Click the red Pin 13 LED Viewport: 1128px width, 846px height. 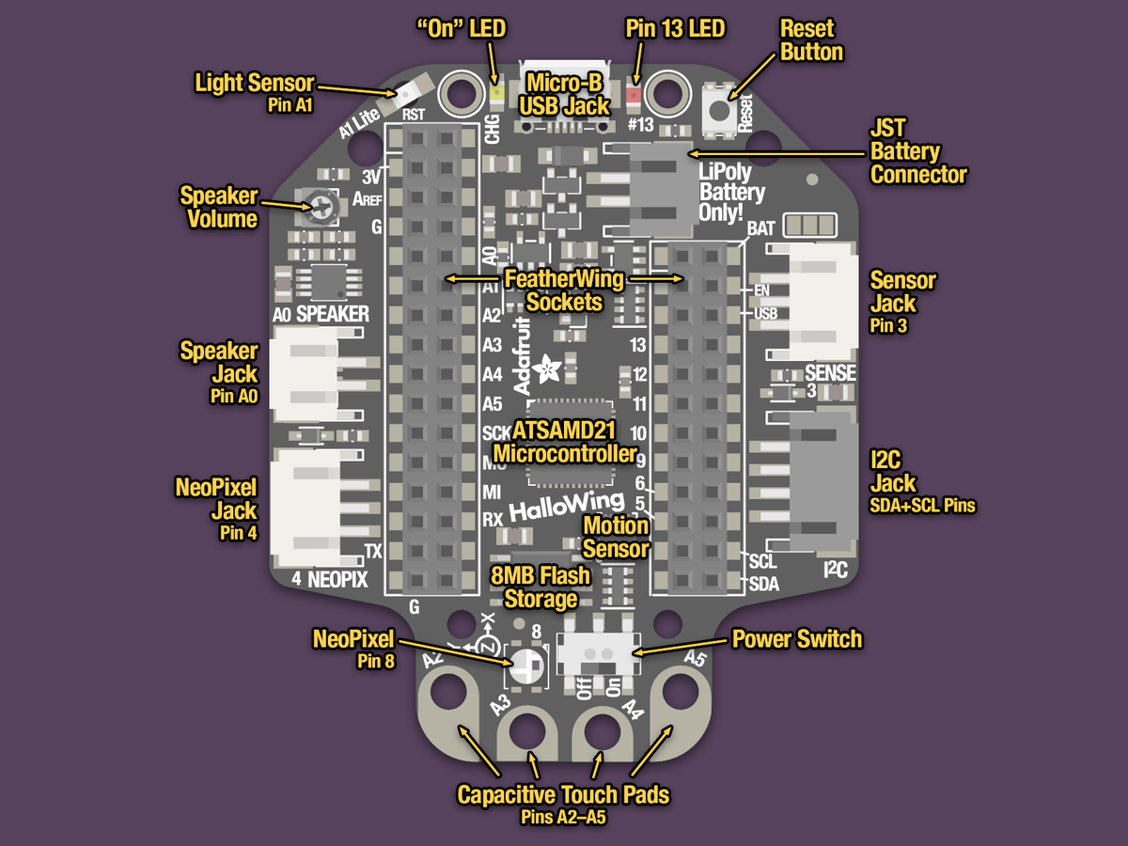pos(633,94)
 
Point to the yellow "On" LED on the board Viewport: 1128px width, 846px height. pos(495,94)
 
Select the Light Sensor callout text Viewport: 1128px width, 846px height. pos(254,84)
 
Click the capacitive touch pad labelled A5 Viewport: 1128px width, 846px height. pos(679,694)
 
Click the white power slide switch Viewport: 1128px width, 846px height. pos(594,650)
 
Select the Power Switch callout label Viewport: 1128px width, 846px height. pos(796,640)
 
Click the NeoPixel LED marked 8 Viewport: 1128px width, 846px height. pos(525,666)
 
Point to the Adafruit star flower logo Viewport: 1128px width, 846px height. pos(545,367)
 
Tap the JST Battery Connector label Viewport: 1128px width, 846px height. pos(917,150)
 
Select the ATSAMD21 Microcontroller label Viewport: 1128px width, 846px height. pos(564,443)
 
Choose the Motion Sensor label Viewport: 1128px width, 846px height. pos(616,537)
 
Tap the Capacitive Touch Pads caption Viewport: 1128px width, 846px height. pos(563,795)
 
